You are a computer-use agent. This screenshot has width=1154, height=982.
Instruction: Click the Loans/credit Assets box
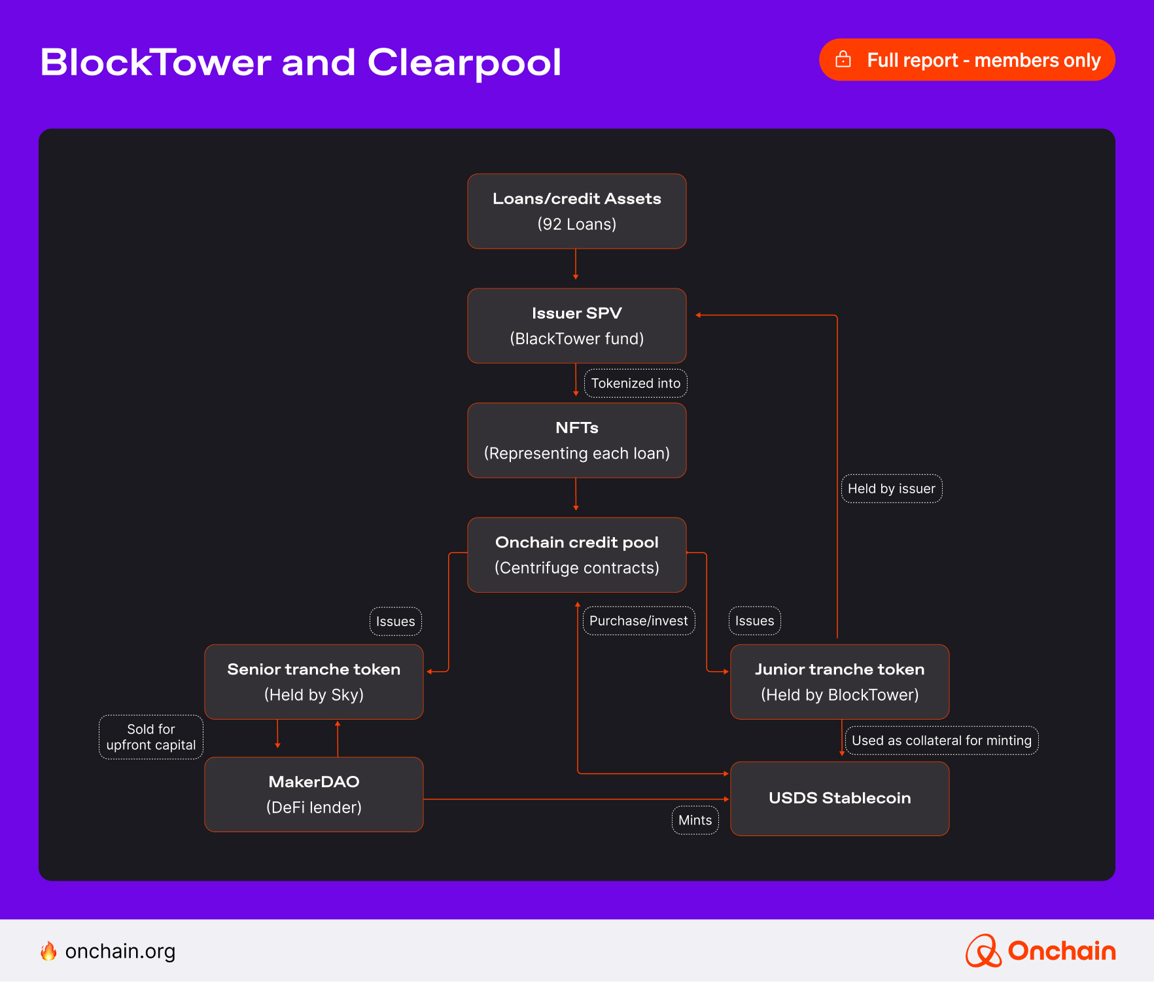[576, 211]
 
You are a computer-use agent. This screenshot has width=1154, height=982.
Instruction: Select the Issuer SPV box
[576, 326]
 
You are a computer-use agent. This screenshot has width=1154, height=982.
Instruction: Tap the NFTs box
[576, 440]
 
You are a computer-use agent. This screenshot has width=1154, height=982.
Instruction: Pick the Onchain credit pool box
[576, 555]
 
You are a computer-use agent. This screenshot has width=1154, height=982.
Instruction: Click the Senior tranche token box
[314, 682]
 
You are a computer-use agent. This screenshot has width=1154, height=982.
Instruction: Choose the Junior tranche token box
[839, 682]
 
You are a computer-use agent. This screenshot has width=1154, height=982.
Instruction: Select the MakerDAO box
[314, 794]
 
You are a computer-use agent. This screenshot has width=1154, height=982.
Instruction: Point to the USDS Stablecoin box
[839, 798]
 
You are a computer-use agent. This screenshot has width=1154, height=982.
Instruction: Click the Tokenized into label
[635, 383]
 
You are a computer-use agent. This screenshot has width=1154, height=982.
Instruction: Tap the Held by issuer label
[891, 489]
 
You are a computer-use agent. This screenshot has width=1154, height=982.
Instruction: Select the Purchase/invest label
[638, 621]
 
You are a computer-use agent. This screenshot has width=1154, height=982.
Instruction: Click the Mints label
[695, 820]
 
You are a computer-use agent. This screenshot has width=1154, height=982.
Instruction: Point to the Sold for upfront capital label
[151, 737]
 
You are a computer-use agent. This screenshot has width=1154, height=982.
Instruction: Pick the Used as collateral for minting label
[941, 741]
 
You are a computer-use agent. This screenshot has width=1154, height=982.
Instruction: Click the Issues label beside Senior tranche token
[395, 622]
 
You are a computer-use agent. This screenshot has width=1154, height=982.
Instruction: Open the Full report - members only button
[967, 60]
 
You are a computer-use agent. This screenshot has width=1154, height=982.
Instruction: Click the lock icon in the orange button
[843, 60]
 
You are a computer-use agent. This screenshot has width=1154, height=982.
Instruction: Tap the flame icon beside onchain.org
[48, 951]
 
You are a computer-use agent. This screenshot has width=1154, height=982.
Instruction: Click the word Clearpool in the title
[464, 63]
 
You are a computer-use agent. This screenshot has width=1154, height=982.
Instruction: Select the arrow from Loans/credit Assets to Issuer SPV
[576, 264]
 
